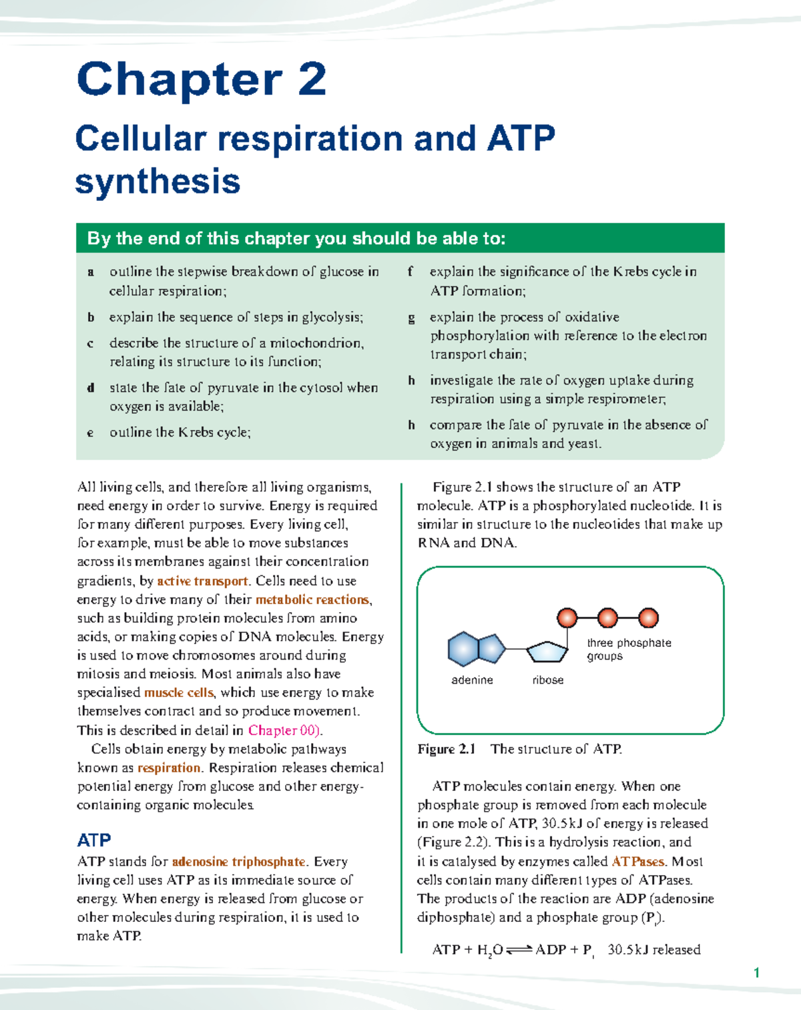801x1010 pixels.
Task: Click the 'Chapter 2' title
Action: pyautogui.click(x=202, y=80)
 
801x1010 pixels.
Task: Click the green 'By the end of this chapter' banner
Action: pyautogui.click(x=400, y=238)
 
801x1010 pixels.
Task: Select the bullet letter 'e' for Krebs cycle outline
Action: pyautogui.click(x=90, y=433)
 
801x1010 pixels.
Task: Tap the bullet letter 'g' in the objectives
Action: pyautogui.click(x=411, y=318)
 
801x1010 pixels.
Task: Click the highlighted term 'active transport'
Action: pyautogui.click(x=202, y=581)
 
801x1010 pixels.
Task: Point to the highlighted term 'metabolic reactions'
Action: pyautogui.click(x=312, y=599)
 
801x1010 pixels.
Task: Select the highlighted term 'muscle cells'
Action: pyautogui.click(x=179, y=692)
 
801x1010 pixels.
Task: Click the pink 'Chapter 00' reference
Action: pyautogui.click(x=283, y=730)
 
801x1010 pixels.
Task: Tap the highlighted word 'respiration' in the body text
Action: pyautogui.click(x=169, y=768)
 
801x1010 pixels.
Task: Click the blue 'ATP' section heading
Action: pyautogui.click(x=94, y=840)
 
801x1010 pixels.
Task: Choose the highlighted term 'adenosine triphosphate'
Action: pyautogui.click(x=238, y=862)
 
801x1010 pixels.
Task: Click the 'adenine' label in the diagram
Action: pyautogui.click(x=472, y=680)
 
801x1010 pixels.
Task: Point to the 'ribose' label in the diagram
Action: pyautogui.click(x=548, y=680)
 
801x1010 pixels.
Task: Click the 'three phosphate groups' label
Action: pyautogui.click(x=628, y=650)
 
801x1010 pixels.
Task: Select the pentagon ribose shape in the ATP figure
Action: pyautogui.click(x=547, y=652)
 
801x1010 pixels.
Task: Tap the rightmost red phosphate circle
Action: pyautogui.click(x=648, y=618)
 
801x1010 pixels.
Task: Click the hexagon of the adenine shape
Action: pyautogui.click(x=463, y=649)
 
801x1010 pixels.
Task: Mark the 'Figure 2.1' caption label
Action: pyautogui.click(x=446, y=749)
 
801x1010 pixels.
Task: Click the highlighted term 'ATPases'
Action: pyautogui.click(x=637, y=861)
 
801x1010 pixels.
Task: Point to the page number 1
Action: pyautogui.click(x=756, y=973)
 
